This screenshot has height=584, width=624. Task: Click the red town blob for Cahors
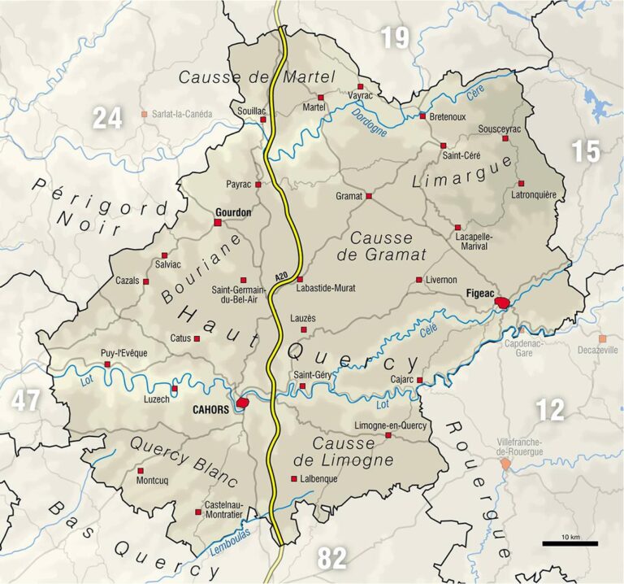pyautogui.click(x=242, y=403)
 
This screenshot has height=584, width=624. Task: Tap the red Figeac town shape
pyautogui.click(x=504, y=303)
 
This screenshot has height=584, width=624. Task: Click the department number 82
pyautogui.click(x=332, y=558)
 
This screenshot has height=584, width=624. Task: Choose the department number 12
pyautogui.click(x=550, y=409)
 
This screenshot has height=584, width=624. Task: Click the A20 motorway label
pyautogui.click(x=280, y=277)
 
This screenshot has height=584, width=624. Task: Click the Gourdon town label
pyautogui.click(x=232, y=212)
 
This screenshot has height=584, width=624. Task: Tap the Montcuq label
pyautogui.click(x=153, y=481)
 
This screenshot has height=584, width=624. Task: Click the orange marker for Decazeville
pyautogui.click(x=602, y=338)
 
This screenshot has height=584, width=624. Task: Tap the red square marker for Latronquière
pyautogui.click(x=521, y=183)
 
